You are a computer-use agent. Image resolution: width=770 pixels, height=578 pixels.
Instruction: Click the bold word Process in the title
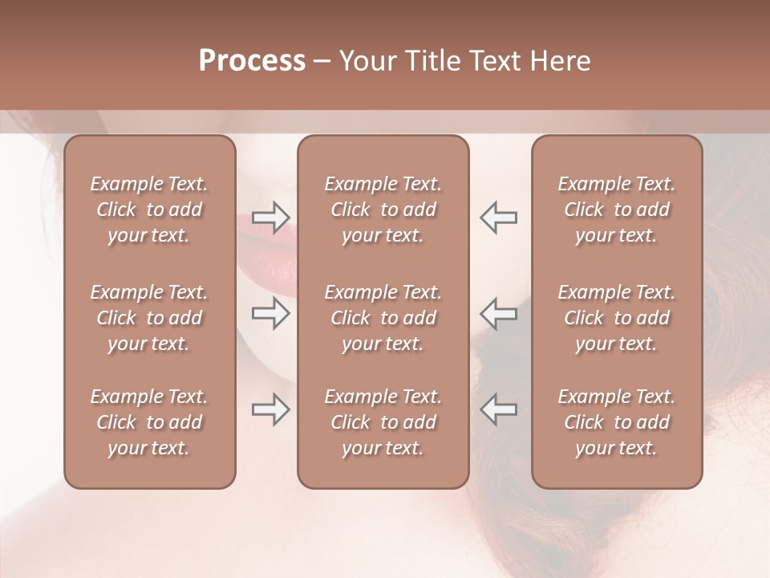(252, 61)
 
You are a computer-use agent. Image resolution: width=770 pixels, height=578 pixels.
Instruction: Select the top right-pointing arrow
(271, 217)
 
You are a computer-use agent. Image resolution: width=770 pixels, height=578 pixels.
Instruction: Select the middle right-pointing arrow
(271, 313)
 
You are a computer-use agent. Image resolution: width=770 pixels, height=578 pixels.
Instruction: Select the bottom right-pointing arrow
(271, 409)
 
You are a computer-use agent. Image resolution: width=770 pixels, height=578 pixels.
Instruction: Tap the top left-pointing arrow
(498, 217)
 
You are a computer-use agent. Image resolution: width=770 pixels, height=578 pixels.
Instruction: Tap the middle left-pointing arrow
(498, 313)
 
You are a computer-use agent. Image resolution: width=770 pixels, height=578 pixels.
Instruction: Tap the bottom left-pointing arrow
(498, 409)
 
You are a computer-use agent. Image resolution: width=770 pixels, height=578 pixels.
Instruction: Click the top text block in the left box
(149, 210)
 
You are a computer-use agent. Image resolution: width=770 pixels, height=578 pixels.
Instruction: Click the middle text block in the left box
(149, 318)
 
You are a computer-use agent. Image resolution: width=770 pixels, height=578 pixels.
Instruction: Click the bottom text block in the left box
(149, 422)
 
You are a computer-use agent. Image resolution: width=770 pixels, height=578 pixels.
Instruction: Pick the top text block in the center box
(383, 210)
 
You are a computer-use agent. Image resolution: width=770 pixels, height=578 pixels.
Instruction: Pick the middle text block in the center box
(383, 318)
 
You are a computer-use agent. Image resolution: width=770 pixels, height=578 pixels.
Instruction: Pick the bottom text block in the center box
(383, 422)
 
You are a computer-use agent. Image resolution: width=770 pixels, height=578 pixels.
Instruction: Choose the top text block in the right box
(616, 210)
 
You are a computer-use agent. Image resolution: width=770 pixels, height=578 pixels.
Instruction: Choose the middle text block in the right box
(616, 318)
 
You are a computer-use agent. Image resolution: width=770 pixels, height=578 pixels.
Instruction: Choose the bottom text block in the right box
(616, 422)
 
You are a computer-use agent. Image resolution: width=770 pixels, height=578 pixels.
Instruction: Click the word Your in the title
(368, 61)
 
